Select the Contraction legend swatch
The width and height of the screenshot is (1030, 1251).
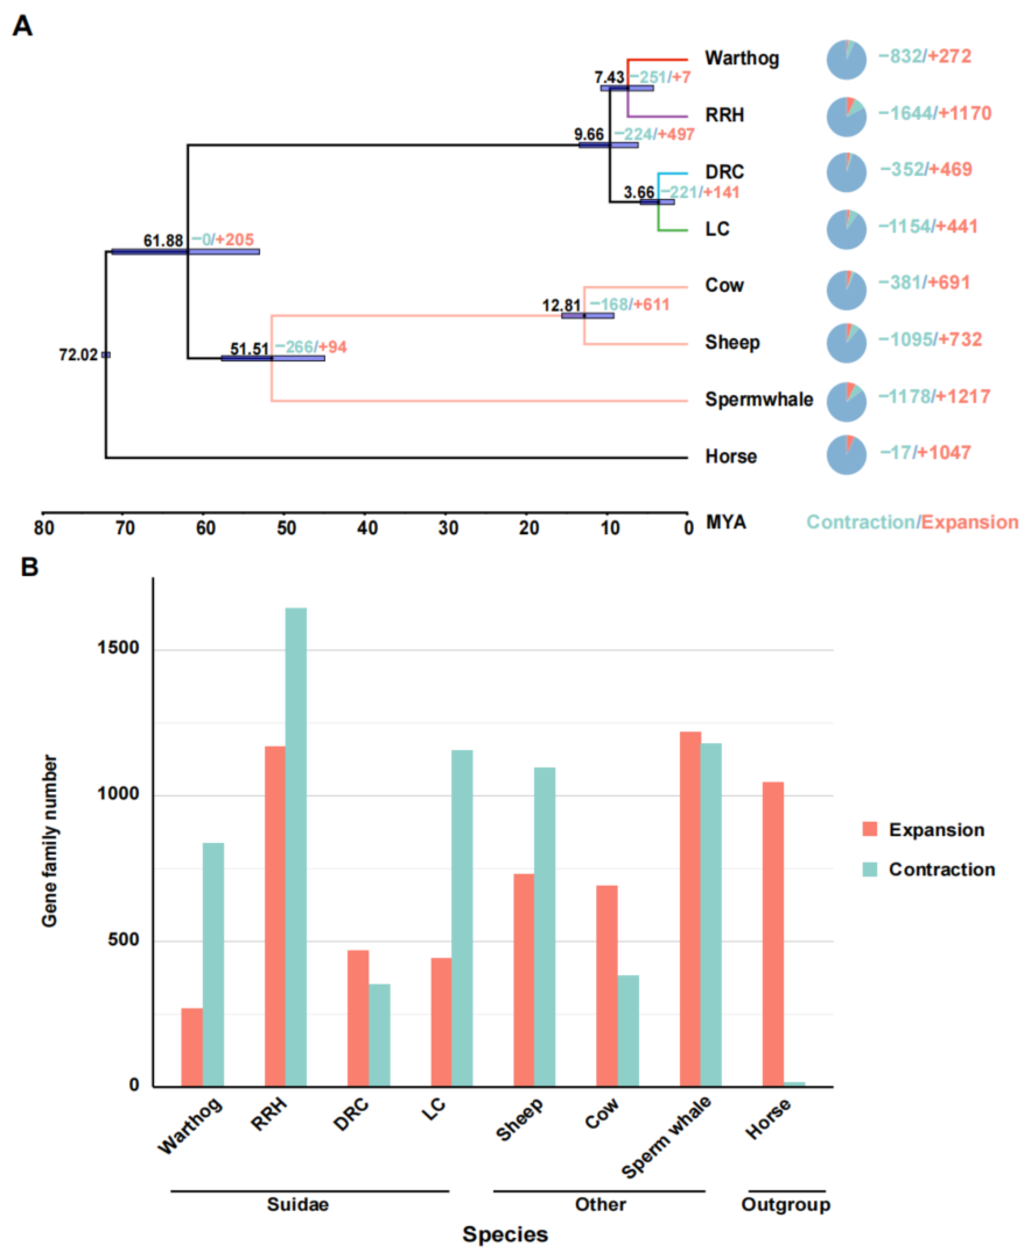pyautogui.click(x=869, y=869)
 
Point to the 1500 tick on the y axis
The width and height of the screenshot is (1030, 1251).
pyautogui.click(x=118, y=648)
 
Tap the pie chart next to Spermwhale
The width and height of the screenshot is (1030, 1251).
pyautogui.click(x=846, y=402)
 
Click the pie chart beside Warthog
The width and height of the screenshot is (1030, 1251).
pyautogui.click(x=846, y=60)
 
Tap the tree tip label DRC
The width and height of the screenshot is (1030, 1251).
pyautogui.click(x=724, y=172)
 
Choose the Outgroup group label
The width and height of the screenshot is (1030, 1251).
pyautogui.click(x=786, y=1205)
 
